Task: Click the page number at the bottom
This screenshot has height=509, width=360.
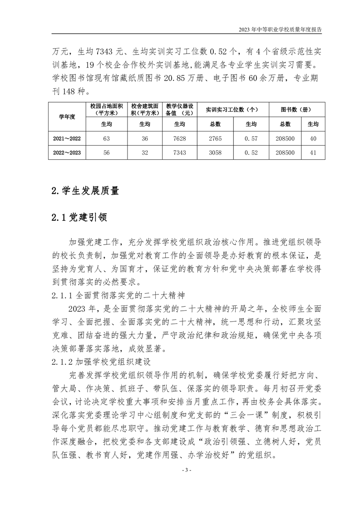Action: point(180,482)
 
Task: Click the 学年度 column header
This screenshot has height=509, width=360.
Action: point(67,117)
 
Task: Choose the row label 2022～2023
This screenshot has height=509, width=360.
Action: point(67,153)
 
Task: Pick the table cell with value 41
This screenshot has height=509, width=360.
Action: point(313,153)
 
